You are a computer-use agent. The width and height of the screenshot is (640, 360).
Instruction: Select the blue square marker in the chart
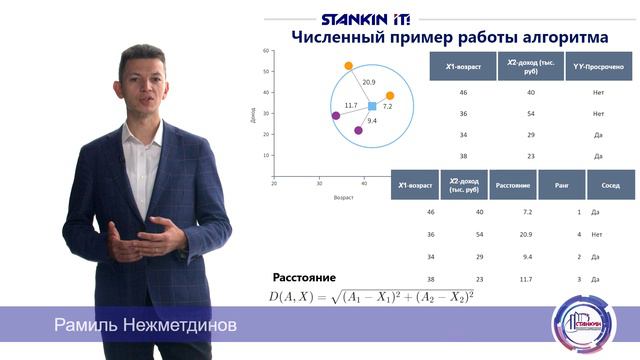tap(372, 106)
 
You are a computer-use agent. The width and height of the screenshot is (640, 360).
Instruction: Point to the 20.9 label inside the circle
tap(369, 82)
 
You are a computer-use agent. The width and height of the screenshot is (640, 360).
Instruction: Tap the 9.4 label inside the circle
tap(372, 120)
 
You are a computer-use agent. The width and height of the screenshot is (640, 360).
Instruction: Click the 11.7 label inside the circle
tap(350, 104)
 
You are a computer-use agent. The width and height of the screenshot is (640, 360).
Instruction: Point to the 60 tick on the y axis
tap(267, 50)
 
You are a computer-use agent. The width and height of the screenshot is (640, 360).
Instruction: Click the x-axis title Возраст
tap(344, 197)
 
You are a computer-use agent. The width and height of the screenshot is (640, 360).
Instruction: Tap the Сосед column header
tap(610, 185)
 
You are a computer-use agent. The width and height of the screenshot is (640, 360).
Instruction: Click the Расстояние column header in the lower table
tap(513, 185)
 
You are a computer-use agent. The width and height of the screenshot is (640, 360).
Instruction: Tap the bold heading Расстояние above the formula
tap(304, 276)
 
